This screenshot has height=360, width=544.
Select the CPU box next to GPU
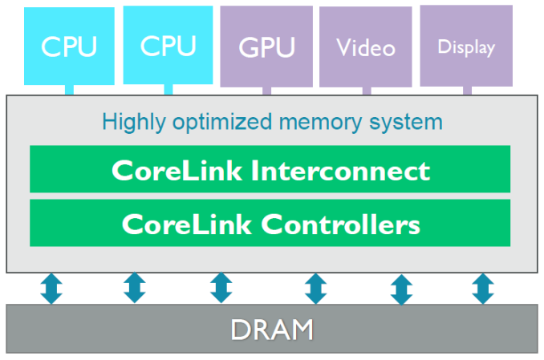point(168,45)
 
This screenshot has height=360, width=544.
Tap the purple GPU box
point(266,47)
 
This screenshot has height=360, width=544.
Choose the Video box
point(366,47)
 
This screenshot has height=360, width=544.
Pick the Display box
point(465,46)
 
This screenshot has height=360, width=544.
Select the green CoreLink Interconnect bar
point(270,169)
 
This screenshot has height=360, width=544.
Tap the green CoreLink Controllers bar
point(270,223)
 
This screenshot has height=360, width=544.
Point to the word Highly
point(131,123)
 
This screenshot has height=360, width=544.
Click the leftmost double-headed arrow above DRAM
point(52,288)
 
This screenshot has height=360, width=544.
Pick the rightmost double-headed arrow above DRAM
point(482,288)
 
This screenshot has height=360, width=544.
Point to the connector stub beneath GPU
point(266,91)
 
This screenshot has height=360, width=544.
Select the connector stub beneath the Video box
point(367,91)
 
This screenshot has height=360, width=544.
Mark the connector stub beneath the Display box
point(466,90)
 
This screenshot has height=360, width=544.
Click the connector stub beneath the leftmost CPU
point(70,89)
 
